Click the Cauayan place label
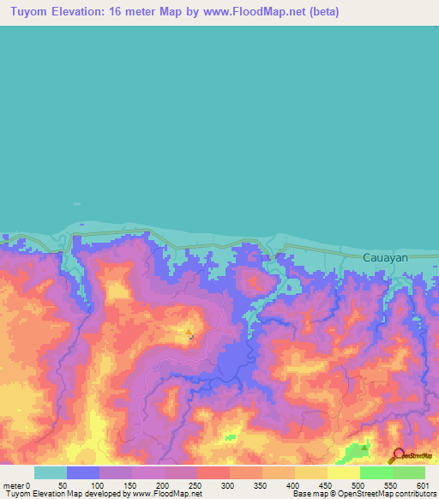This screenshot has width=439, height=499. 385,257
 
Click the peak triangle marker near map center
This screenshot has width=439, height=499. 189,331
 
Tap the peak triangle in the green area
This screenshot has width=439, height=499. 364,447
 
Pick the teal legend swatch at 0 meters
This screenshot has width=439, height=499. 50,472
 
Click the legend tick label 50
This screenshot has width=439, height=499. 63,485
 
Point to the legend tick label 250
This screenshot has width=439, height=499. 194,485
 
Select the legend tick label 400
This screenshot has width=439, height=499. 292,485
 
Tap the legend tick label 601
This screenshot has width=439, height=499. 421,485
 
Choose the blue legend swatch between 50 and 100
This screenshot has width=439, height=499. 82,472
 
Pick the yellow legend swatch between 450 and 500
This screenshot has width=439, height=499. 344,472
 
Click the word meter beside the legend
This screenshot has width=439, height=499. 12,485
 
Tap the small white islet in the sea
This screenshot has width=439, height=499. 77,204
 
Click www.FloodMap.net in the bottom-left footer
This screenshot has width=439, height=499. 163,494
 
